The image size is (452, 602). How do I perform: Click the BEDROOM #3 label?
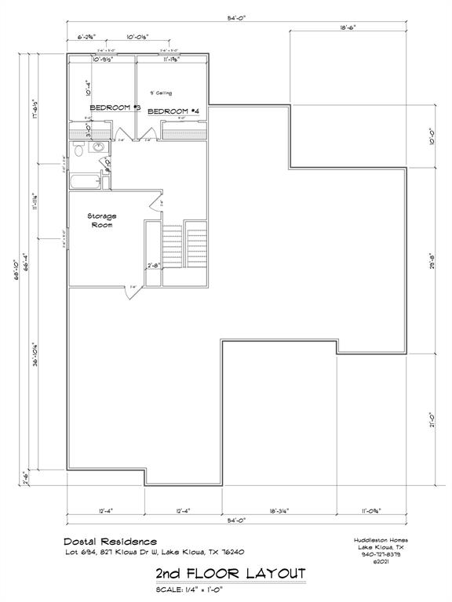point(114,107)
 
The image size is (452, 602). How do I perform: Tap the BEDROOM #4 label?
point(173,111)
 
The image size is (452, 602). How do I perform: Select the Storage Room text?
point(101,220)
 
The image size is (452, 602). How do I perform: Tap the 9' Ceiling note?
point(161,93)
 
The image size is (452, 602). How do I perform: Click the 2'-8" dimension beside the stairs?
point(155,266)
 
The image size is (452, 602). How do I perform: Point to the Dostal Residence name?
point(110,541)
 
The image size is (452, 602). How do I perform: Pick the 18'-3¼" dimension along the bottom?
point(279,510)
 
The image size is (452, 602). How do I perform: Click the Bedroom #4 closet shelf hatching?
point(185,134)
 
